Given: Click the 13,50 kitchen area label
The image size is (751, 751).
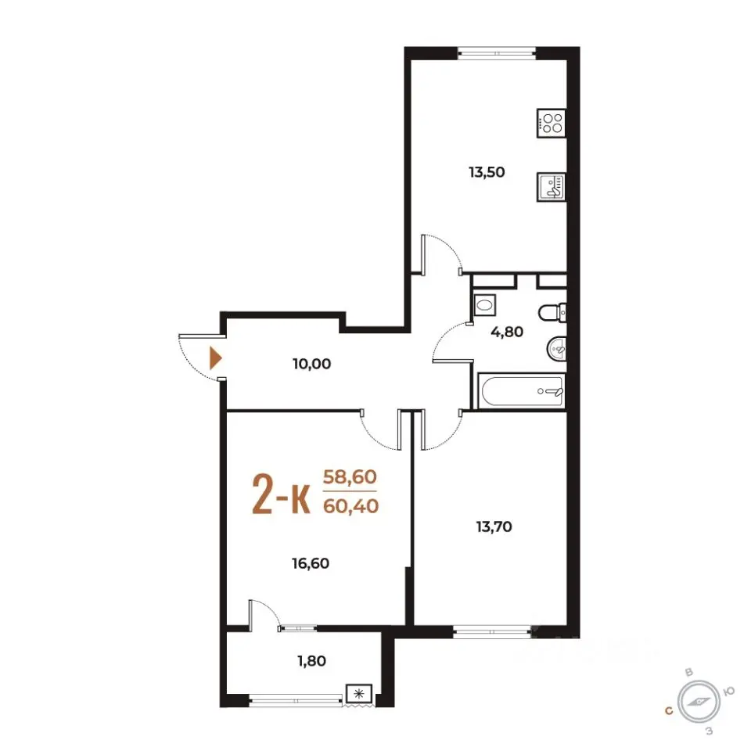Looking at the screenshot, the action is [487, 172].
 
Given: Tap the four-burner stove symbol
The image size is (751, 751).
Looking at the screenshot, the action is [552, 124].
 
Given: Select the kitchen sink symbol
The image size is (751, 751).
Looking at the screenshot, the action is [552, 187].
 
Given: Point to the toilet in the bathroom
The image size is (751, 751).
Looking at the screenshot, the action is [553, 313].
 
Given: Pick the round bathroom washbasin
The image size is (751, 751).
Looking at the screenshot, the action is [556, 347].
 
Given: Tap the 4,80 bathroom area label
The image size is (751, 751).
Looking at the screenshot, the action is [507, 332].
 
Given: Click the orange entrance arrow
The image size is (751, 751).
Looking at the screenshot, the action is [216, 358].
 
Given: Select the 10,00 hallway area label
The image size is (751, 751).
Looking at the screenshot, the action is [312, 364].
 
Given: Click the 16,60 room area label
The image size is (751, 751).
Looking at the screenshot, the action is [311, 563].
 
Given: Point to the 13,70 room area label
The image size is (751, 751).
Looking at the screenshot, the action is [494, 526].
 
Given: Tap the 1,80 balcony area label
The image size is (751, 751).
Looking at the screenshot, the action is [312, 661].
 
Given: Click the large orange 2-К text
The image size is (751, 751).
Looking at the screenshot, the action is [281, 494].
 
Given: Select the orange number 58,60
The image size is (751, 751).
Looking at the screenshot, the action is [350, 477].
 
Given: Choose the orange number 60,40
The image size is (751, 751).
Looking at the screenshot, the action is [351, 506].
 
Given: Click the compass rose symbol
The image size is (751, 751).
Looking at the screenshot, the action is [699, 702].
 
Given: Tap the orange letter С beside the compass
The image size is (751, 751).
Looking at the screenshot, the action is [669, 710].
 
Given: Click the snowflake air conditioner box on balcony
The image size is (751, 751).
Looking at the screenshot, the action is [359, 694].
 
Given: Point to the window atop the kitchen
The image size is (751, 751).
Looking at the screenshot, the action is [496, 52].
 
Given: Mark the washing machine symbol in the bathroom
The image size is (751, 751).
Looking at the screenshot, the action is [485, 305].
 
